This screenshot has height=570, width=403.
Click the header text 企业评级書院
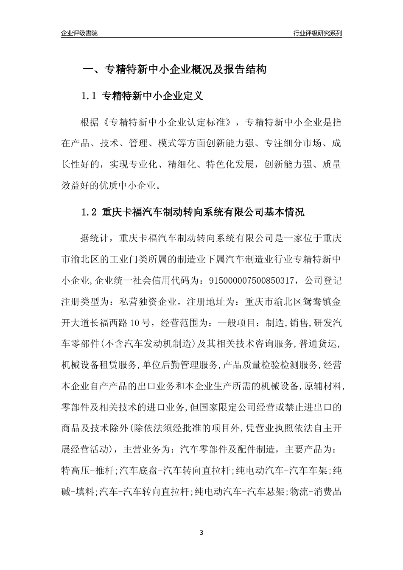[79, 33]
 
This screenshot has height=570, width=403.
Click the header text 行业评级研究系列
[317, 33]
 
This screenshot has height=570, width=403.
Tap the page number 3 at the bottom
[201, 533]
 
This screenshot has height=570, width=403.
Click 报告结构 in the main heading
[246, 70]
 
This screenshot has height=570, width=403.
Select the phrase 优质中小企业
[132, 185]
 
